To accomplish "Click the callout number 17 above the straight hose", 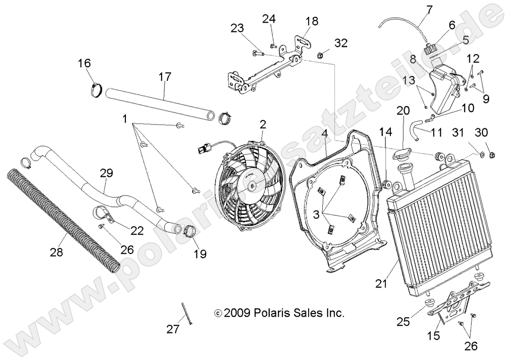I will point(165,77).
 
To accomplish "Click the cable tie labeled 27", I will point(186,313).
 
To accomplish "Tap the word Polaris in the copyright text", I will point(273,313).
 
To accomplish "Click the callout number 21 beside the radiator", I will point(380,283).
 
